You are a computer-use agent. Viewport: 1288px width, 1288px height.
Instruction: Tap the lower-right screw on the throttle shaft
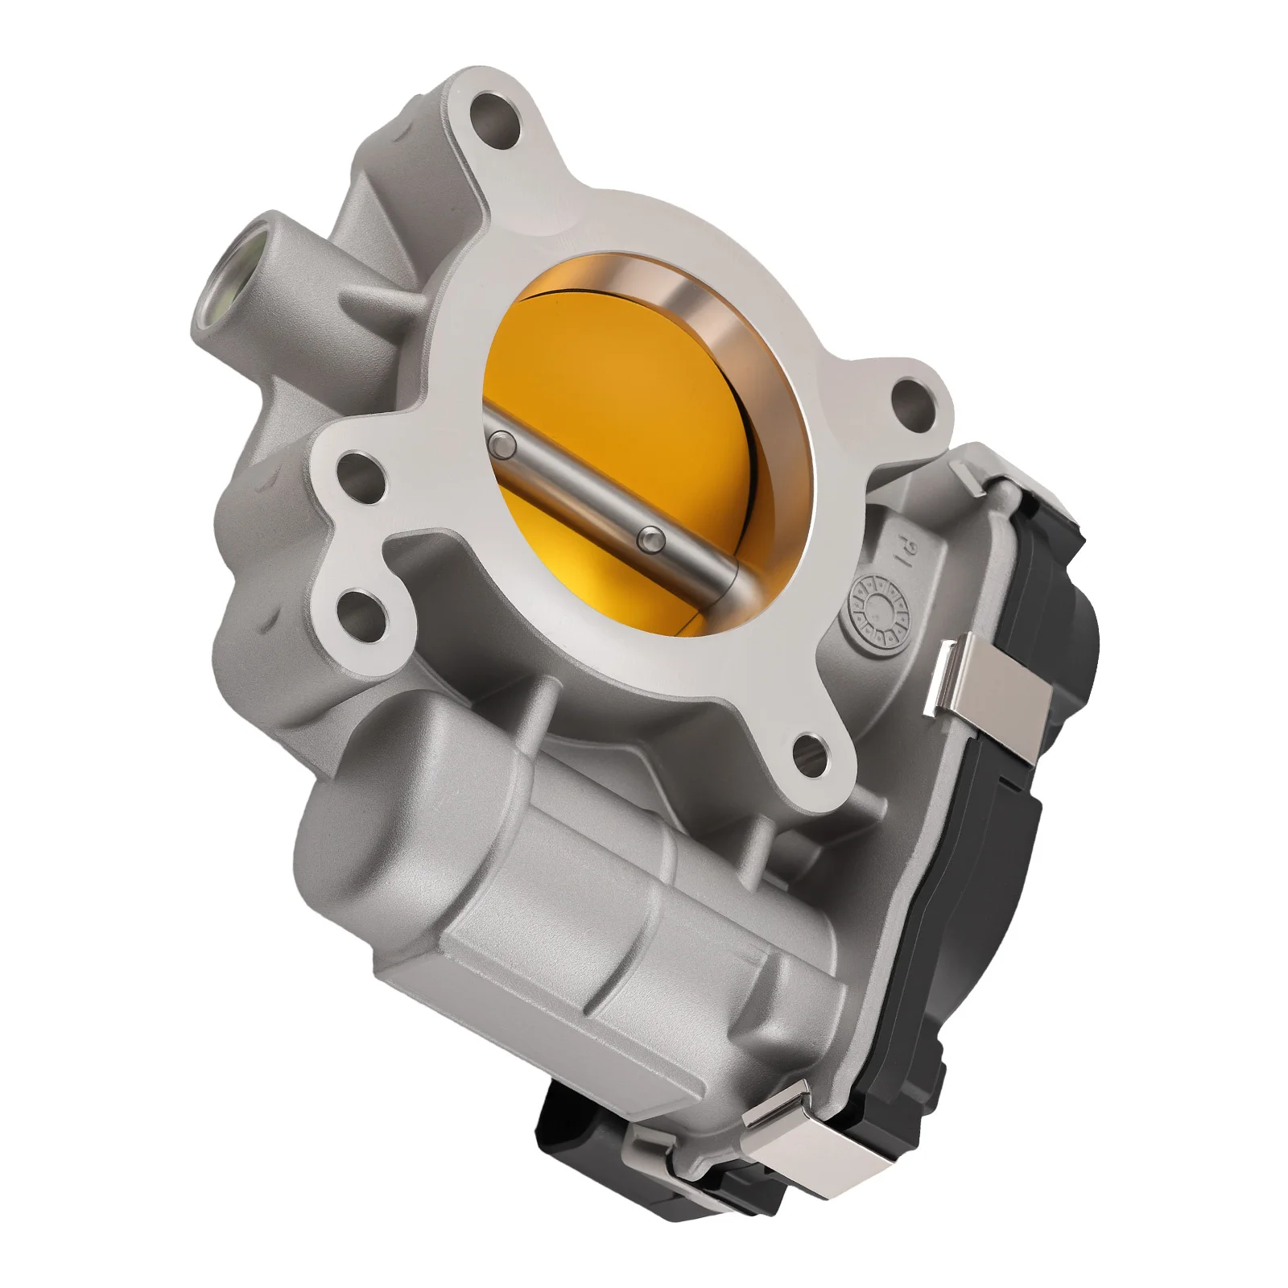click(x=650, y=538)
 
